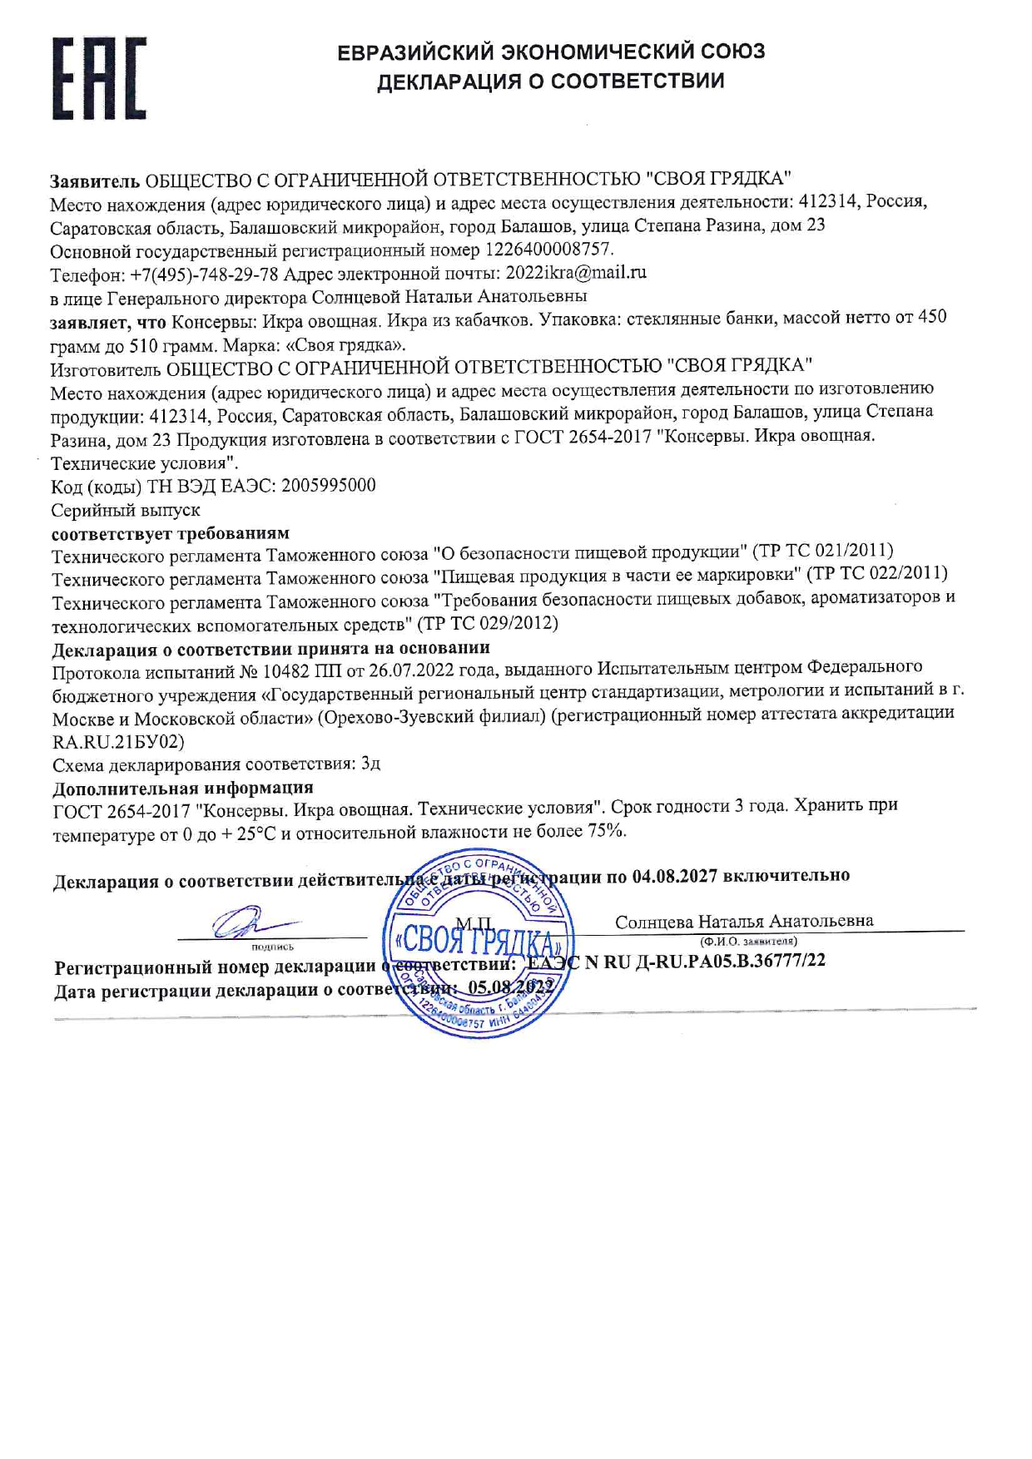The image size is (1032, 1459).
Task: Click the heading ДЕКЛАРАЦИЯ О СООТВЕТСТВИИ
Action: point(550,82)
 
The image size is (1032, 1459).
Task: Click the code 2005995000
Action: point(329,486)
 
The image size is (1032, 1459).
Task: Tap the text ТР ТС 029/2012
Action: point(487,622)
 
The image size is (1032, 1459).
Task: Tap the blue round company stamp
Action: point(477,947)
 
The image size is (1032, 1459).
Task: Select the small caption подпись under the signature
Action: point(272,947)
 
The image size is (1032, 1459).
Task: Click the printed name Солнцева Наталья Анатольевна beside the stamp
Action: point(744,922)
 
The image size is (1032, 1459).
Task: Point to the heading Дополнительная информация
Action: point(183,788)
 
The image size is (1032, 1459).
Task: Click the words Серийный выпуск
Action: point(126,510)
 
